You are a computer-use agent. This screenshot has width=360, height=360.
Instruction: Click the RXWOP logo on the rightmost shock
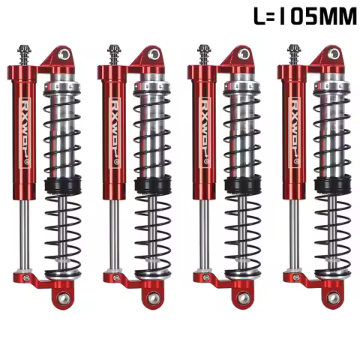click(296, 127)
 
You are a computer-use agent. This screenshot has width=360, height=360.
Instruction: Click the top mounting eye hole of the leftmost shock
click(64, 55)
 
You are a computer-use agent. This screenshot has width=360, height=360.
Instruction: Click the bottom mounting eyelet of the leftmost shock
click(63, 298)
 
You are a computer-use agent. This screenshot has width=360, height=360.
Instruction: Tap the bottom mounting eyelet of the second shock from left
click(153, 298)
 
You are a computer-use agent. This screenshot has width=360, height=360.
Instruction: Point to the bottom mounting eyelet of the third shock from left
click(243, 298)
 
